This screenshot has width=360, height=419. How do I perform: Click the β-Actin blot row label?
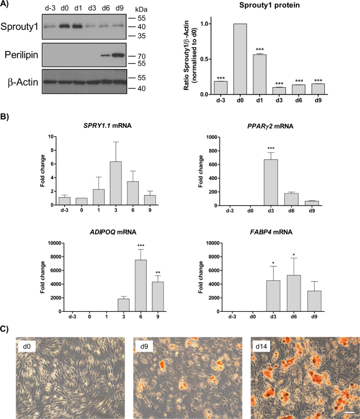(20, 81)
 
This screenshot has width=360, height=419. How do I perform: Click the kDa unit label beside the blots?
(142, 9)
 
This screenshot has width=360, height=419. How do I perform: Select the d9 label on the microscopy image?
(144, 347)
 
